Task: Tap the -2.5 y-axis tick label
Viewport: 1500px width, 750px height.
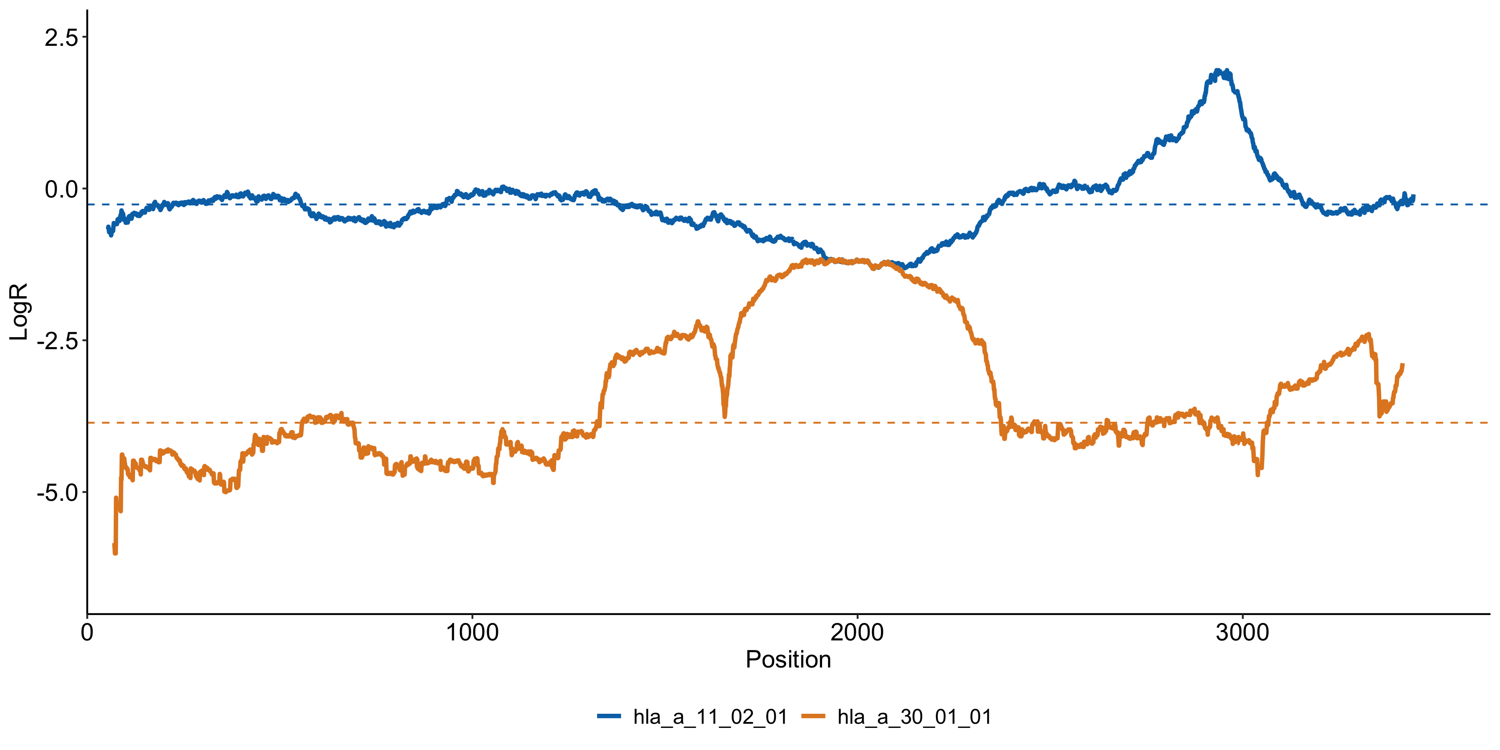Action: coord(57,341)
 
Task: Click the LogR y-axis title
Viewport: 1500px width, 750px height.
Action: coord(19,312)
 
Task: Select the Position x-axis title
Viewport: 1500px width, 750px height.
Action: coord(788,660)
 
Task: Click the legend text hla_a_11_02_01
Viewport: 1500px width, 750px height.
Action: coord(710,717)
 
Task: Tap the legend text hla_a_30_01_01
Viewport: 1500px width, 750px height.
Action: coord(914,717)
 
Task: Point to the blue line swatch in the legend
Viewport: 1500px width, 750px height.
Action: coord(609,716)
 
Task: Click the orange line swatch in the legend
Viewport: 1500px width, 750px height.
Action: coord(813,716)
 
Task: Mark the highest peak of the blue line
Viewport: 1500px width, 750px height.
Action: coord(1219,71)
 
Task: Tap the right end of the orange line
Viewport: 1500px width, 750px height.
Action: coord(1403,365)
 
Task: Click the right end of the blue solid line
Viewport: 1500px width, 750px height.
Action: coord(1413,196)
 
